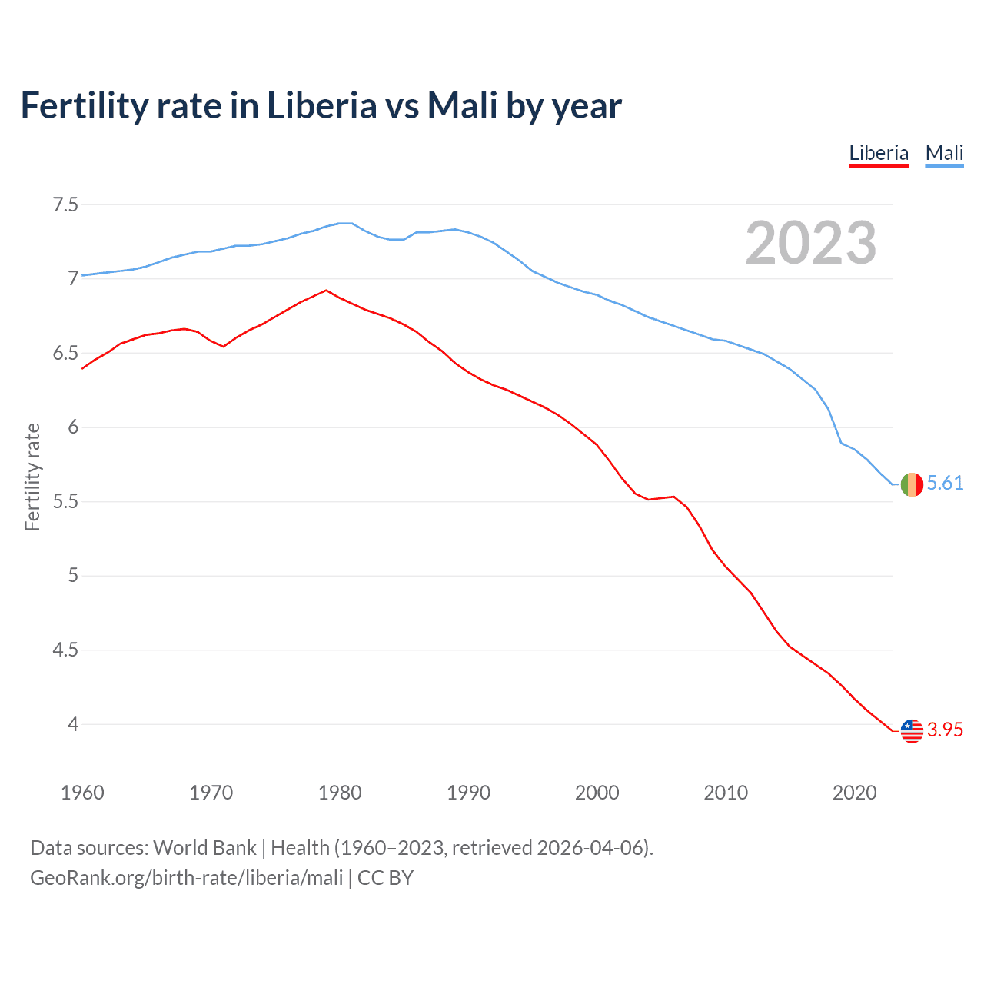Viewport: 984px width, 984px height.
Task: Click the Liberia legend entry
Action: (x=879, y=153)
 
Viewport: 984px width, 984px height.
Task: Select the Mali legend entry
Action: (x=944, y=153)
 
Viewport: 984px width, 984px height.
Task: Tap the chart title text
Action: (x=321, y=105)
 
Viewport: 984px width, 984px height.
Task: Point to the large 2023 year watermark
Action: (x=810, y=243)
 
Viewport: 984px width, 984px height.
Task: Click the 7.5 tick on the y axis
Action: (x=65, y=204)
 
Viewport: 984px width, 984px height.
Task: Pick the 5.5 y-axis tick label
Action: (x=65, y=501)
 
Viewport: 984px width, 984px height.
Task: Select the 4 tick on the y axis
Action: (x=72, y=724)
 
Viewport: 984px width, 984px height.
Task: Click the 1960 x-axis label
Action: (x=82, y=793)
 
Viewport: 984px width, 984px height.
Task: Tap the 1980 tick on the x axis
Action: (x=340, y=793)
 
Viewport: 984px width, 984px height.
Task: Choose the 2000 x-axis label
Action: (x=597, y=793)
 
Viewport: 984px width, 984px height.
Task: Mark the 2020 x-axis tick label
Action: (x=854, y=793)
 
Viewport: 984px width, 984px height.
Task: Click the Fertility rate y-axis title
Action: (x=32, y=477)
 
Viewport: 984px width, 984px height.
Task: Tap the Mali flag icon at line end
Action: (x=912, y=484)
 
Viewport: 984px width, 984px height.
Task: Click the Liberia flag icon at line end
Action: (x=912, y=730)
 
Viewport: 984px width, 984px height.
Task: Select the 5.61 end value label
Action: (x=945, y=483)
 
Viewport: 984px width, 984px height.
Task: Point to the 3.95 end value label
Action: (x=945, y=730)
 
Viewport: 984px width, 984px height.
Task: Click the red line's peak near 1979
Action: (x=327, y=291)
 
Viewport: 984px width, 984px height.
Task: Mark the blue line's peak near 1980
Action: (x=345, y=223)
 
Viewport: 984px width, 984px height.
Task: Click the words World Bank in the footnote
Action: (x=204, y=847)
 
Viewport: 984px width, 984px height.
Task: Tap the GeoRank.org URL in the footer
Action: (x=186, y=877)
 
